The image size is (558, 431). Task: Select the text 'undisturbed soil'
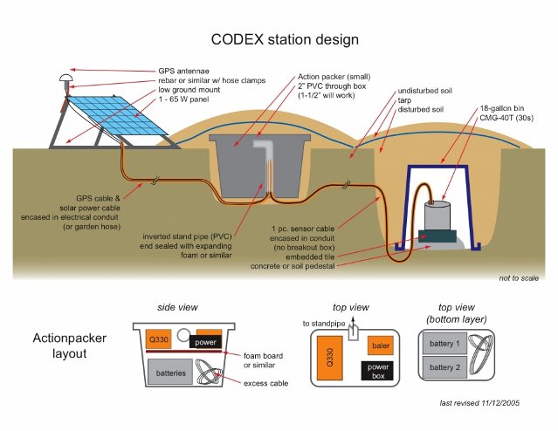click(428, 91)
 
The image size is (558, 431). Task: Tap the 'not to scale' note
click(520, 277)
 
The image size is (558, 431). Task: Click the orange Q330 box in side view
click(158, 338)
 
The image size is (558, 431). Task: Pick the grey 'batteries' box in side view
click(170, 373)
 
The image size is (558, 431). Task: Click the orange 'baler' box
click(378, 345)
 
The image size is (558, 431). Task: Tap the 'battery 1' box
click(446, 345)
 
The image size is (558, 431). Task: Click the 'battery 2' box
click(446, 367)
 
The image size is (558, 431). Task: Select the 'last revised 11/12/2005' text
click(493, 404)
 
